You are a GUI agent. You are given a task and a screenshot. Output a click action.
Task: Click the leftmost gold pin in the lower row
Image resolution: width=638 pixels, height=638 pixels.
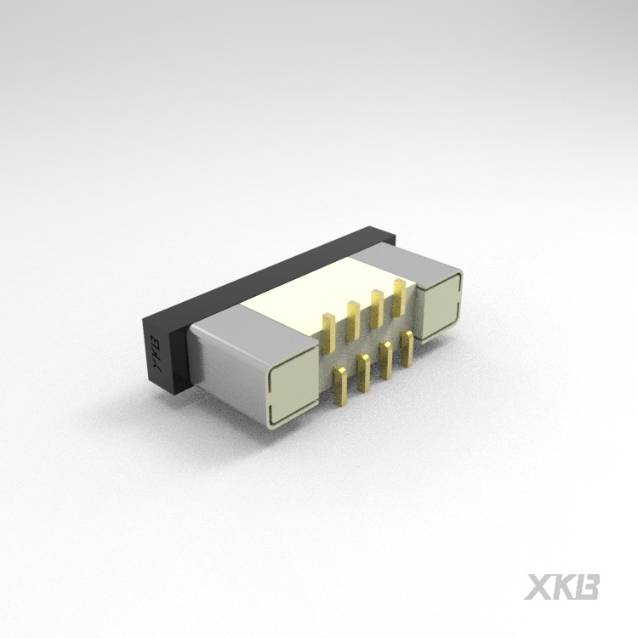tap(340, 386)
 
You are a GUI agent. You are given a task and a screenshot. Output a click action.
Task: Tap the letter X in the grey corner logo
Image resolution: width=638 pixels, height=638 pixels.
tap(539, 587)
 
